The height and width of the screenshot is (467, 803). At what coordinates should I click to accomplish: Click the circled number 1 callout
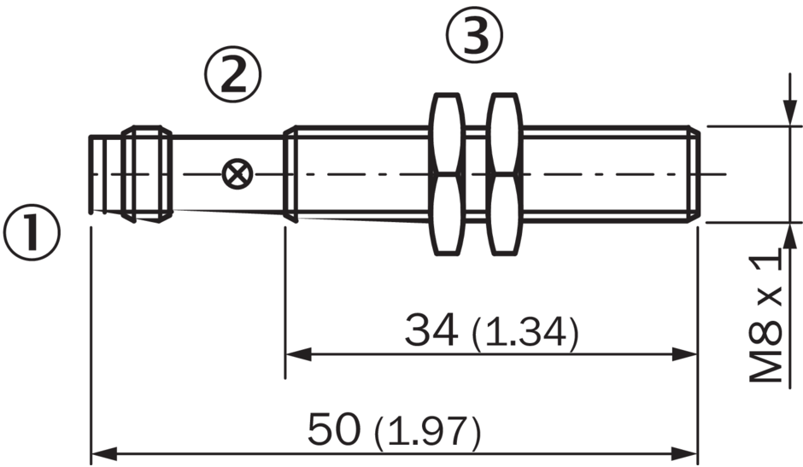pos(32,232)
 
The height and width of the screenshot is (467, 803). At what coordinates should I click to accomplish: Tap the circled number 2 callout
pos(233,75)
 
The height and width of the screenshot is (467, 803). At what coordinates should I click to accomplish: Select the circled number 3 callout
pos(475,35)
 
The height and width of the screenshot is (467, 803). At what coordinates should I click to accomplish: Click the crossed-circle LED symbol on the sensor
pos(237,173)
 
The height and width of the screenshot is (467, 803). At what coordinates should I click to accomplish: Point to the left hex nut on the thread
pos(447,174)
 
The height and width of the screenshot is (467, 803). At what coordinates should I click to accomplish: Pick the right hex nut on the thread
pos(505,174)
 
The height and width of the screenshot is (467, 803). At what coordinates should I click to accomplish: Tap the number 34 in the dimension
pos(431,330)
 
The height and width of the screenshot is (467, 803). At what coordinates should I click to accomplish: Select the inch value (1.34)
pos(525,333)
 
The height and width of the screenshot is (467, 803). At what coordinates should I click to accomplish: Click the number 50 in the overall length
pos(333,429)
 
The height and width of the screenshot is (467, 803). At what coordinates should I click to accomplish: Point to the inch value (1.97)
pos(428,432)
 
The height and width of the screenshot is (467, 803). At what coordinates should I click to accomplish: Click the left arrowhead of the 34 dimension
pos(299,353)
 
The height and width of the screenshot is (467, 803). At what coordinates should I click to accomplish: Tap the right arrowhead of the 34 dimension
pos(685,353)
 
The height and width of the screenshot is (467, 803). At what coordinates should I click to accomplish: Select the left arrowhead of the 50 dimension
pos(104,453)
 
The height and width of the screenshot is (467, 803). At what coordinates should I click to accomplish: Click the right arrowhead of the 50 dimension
pos(685,453)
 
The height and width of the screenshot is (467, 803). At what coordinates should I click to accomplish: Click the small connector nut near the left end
pos(147,174)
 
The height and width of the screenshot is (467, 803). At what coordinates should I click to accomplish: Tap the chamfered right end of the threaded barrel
pos(694,174)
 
